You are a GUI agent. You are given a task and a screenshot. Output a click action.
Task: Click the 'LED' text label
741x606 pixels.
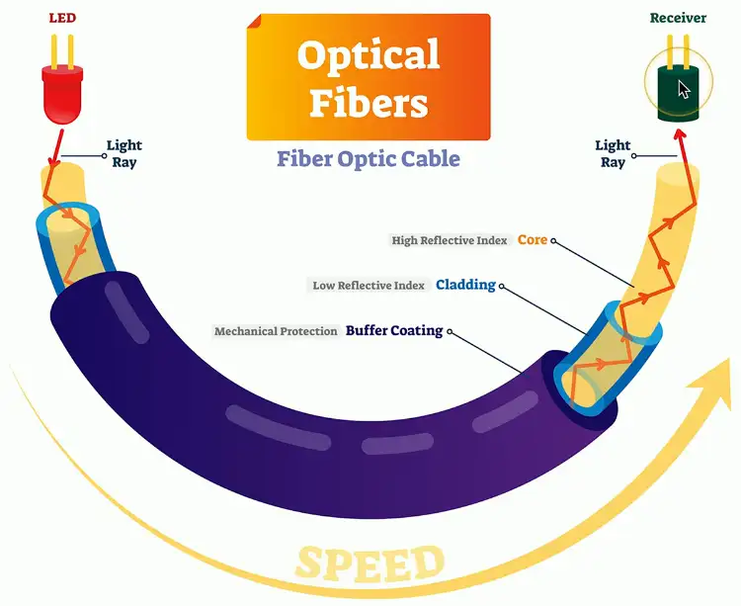[62, 19]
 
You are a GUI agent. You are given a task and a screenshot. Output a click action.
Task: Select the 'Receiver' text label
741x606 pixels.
[678, 18]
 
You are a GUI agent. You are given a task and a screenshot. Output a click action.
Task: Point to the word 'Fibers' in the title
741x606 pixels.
[368, 102]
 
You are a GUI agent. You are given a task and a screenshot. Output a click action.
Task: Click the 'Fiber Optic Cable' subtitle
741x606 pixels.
[368, 158]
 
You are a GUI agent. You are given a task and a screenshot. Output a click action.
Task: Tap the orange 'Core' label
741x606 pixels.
[532, 240]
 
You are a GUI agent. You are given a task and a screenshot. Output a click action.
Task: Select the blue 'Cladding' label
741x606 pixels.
[465, 285]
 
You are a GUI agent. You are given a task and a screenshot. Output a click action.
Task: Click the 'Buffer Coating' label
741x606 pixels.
[394, 330]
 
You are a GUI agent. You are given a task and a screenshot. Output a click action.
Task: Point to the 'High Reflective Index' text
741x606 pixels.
[450, 241]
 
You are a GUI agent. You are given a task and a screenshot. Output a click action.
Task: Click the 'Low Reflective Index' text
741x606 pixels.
[369, 286]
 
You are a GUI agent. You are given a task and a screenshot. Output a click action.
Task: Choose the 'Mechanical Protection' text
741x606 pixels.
[277, 331]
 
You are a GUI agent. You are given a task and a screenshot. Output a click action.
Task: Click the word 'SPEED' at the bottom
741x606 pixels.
[370, 563]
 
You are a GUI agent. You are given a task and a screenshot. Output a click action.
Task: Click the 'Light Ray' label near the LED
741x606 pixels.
[123, 154]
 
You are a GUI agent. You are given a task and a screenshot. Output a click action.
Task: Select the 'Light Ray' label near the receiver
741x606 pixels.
[613, 154]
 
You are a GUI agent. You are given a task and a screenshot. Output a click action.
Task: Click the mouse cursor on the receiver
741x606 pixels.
[685, 90]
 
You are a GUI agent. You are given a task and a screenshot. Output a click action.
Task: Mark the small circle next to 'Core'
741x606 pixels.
[554, 240]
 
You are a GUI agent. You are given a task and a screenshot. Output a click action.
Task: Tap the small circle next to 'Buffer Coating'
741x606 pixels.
[451, 330]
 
